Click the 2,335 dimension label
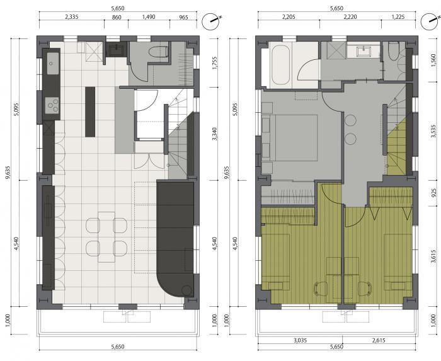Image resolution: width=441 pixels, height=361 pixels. (x=71, y=17)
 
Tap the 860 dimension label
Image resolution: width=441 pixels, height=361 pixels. (x=117, y=18)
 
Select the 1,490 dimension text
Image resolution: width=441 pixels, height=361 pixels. (x=149, y=17)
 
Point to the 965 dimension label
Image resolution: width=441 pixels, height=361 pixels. (x=183, y=18)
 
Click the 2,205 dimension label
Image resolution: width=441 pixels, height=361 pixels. (x=289, y=17)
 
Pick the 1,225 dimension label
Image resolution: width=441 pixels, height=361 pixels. (x=398, y=17)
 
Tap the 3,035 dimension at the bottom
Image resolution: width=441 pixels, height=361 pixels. (x=300, y=340)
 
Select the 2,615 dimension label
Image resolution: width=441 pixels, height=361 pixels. (x=378, y=340)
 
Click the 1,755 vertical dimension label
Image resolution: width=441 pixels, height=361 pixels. (x=215, y=63)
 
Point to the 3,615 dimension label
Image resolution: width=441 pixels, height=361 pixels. (x=433, y=256)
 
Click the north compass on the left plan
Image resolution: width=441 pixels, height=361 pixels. (x=210, y=21)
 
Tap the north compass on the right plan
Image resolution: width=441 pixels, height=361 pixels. (x=430, y=21)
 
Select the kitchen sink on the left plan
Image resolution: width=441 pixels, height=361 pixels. (x=52, y=64)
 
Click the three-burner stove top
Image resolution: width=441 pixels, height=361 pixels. (x=52, y=105)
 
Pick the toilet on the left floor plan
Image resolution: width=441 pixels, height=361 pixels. (x=158, y=52)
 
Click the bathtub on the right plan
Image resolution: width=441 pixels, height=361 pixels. (x=280, y=66)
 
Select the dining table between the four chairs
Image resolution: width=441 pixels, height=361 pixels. (x=106, y=237)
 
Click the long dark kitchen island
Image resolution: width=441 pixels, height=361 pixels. (x=90, y=112)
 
